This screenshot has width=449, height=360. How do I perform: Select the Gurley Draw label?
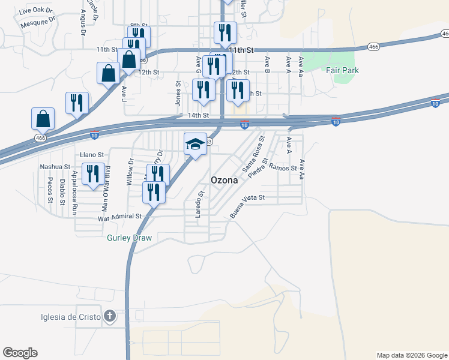point(129,238)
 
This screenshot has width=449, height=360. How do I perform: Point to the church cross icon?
point(109,316)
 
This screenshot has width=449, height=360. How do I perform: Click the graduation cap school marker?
point(195,144)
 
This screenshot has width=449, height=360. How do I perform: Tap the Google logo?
point(20,353)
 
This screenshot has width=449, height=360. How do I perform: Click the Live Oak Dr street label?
point(35,11)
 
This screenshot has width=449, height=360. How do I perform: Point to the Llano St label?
point(92,155)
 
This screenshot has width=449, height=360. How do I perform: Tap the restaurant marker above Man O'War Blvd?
point(93,173)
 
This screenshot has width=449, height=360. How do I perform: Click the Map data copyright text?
point(412,355)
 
